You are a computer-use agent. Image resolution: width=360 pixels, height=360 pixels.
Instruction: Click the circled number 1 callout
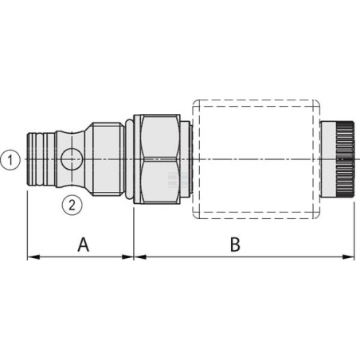point(9,159)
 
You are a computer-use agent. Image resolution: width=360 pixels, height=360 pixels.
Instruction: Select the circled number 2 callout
point(72,205)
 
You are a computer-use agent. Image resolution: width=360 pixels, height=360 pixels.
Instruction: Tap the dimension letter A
point(82,245)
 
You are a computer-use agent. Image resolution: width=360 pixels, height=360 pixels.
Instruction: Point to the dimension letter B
point(235,245)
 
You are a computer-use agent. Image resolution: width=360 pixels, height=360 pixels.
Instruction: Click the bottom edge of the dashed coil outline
point(255,217)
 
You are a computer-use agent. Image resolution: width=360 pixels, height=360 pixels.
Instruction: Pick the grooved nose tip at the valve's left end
point(37,159)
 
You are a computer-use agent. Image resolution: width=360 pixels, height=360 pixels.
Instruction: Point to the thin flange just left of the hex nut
point(128,159)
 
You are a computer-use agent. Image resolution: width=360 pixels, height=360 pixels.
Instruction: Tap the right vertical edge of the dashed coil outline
point(319,159)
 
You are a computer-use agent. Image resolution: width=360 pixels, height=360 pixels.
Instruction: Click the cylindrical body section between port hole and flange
point(104,159)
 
